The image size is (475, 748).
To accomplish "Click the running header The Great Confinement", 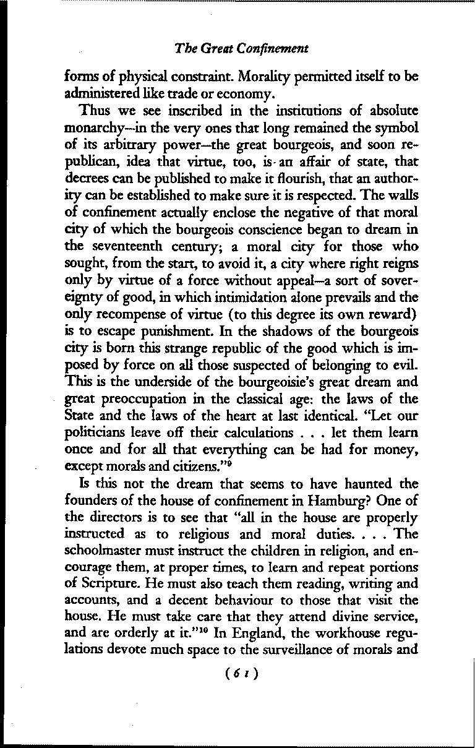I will (x=241, y=48).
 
